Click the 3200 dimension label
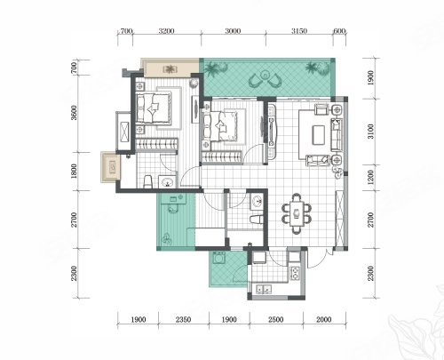point(166,31)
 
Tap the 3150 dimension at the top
point(299,31)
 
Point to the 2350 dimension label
point(183,320)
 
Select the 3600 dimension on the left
point(75,113)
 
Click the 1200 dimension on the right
point(370,177)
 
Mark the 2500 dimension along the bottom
point(275,320)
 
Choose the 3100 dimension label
point(370,132)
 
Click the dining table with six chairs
point(297,213)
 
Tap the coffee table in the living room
point(318,135)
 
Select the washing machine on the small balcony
point(219,258)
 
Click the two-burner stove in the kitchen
point(295,273)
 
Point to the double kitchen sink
point(264,289)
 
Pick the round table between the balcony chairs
point(266,75)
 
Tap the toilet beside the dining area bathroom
point(257,220)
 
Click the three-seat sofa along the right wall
point(336,135)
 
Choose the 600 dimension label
point(339,31)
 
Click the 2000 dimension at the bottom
point(324,320)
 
